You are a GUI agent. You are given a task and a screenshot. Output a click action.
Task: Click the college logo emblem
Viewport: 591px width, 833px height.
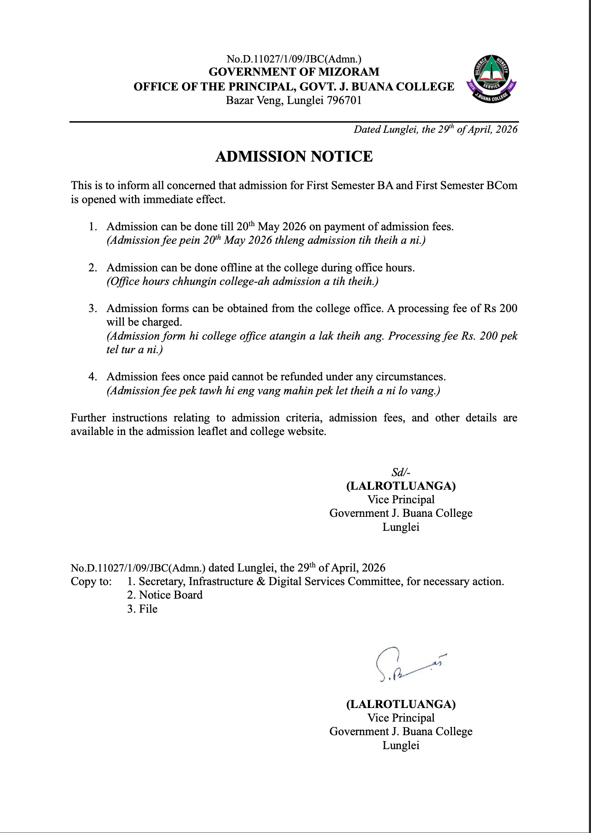pos(491,79)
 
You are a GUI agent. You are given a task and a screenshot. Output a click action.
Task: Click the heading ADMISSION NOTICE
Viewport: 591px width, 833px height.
pos(294,157)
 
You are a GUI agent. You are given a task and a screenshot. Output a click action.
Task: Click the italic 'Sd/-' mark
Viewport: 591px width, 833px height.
pos(401,472)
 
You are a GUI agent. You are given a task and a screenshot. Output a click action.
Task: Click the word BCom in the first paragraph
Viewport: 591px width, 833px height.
pos(501,185)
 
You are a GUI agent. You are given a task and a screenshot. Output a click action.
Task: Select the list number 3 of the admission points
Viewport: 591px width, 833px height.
pos(93,308)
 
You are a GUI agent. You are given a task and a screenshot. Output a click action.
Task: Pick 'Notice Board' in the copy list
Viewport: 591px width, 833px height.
pos(171,595)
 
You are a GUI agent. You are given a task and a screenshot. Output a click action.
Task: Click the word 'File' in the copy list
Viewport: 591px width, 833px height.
pos(148,609)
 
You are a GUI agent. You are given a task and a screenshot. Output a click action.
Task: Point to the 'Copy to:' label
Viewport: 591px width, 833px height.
pos(91,581)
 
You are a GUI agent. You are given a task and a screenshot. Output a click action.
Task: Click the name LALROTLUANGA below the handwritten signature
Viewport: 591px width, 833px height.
pos(401,704)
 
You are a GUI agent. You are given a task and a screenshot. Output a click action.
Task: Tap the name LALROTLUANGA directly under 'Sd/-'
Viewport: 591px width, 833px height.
pos(401,486)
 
